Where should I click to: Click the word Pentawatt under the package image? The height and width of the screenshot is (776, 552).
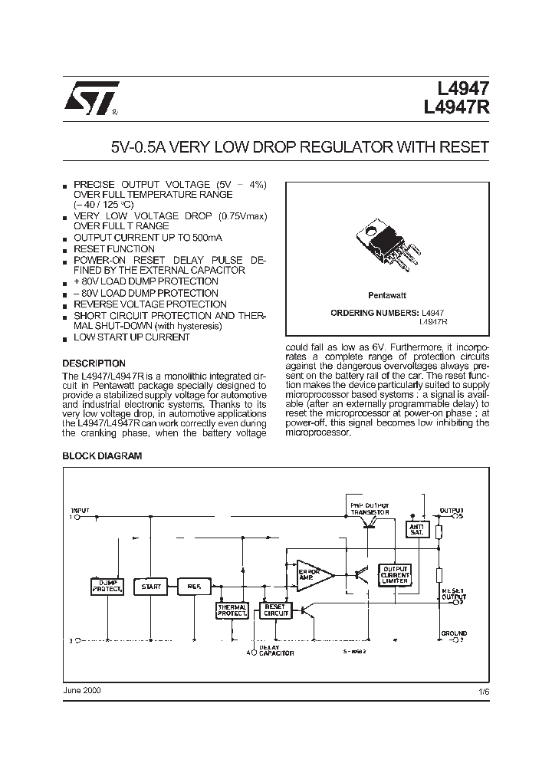(387, 295)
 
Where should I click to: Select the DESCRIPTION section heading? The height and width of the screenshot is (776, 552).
(94, 363)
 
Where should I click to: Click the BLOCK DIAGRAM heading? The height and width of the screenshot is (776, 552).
(102, 455)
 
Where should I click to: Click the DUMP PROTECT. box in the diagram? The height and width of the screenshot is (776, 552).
(107, 587)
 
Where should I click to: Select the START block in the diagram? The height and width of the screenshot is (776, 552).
(151, 587)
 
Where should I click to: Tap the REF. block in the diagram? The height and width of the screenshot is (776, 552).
(194, 587)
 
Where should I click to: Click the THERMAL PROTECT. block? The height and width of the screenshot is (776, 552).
(232, 610)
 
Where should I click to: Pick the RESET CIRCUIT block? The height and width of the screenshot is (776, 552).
(276, 610)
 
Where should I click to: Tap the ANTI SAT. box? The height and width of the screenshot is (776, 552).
(416, 530)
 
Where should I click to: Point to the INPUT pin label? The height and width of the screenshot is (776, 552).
(80, 510)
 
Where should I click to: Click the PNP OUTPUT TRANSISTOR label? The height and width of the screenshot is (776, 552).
(370, 509)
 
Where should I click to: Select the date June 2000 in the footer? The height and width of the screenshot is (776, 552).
(81, 690)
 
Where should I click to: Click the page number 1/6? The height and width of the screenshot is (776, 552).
(482, 691)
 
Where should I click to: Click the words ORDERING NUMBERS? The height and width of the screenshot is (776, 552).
(374, 313)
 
